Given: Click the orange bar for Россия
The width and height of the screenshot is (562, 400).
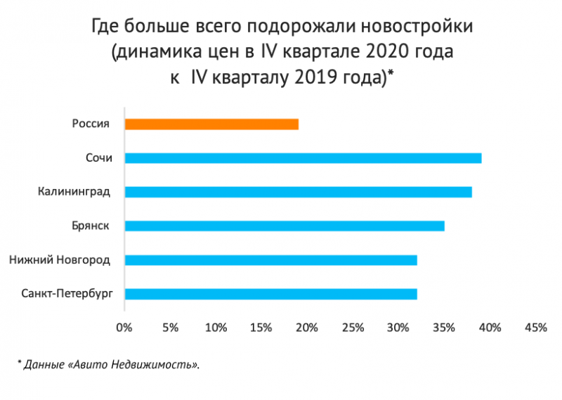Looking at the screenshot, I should (x=211, y=124).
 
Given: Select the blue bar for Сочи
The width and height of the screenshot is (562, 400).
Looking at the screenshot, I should (x=303, y=157).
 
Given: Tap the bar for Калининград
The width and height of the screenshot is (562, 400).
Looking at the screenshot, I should (x=298, y=191).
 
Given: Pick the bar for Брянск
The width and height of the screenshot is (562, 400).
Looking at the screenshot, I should (x=285, y=226).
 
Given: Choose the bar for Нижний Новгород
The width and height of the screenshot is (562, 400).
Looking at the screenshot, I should (x=270, y=260).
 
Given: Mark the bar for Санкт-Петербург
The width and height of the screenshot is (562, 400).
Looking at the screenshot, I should (x=270, y=294).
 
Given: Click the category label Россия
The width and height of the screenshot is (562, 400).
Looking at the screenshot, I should (x=91, y=124).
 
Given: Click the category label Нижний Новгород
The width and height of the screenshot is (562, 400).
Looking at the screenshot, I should (x=60, y=260).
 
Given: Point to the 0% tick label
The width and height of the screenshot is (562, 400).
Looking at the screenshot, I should (x=124, y=328).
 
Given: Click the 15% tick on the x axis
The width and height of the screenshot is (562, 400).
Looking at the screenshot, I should (x=261, y=328).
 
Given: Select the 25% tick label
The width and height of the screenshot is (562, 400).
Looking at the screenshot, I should (x=353, y=328).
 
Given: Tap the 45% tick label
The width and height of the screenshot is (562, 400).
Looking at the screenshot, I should (x=535, y=328).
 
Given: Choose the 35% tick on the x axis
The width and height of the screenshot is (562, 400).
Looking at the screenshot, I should (x=444, y=328).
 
